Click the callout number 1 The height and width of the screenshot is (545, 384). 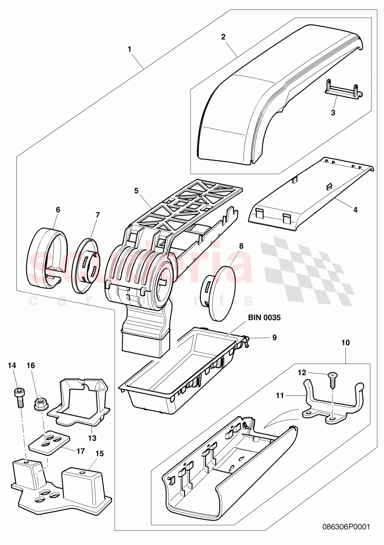point(130,49)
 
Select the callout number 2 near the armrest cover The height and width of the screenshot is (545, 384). point(223,37)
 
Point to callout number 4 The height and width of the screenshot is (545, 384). point(355,210)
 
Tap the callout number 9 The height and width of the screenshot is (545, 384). point(274,338)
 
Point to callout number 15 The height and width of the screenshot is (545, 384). point(99,453)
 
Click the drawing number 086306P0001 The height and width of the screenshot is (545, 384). point(342,528)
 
